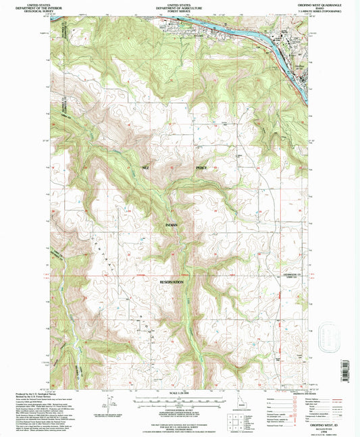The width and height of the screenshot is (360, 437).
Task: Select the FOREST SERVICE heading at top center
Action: click(x=179, y=10)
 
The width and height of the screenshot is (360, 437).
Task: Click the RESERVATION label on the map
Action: click(x=172, y=281)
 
